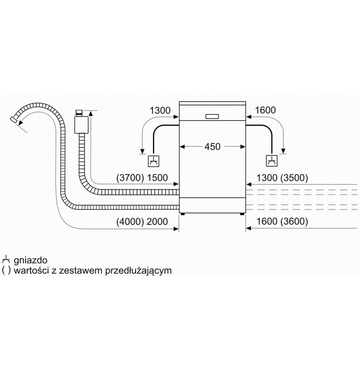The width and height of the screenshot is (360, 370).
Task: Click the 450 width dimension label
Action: coord(212,147)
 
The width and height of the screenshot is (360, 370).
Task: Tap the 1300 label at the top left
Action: coord(160,110)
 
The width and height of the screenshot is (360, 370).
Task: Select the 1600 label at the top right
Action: coord(265,110)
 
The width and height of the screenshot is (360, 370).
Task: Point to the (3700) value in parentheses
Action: coord(130,178)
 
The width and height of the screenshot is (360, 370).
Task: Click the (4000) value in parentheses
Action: coord(130,222)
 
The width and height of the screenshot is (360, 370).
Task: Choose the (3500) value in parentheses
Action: coord(294,178)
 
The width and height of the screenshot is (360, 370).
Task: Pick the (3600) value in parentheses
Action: coord(294,221)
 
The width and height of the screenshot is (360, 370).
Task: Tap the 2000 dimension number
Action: coord(157,222)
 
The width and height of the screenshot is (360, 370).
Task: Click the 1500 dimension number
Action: coord(157,178)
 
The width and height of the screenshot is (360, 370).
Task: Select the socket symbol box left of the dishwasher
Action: coord(153,161)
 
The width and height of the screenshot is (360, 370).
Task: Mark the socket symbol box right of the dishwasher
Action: coord(272,161)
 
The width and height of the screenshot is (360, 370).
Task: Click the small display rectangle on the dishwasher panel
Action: coord(212,116)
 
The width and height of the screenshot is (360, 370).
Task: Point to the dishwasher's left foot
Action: coord(183,214)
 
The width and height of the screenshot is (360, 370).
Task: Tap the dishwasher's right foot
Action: coord(242,214)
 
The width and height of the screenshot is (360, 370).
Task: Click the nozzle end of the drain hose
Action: coord(13,119)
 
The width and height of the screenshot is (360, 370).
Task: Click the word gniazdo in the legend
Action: coord(31,260)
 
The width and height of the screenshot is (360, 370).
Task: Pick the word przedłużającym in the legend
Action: coord(139,271)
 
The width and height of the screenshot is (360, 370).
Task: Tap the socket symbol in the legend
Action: coord(5,260)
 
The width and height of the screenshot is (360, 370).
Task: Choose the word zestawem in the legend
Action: coord(81,271)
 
